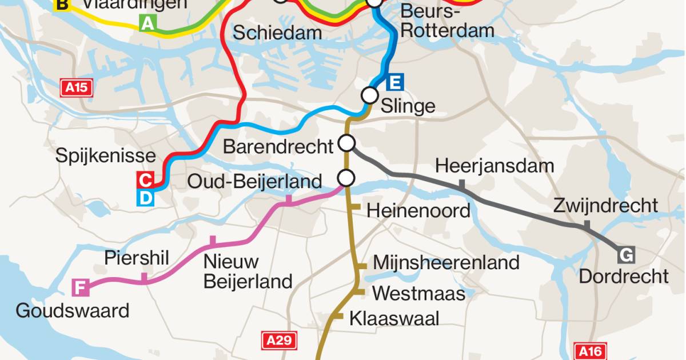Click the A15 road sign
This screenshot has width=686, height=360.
click(77, 87)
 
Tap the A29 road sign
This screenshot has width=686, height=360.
click(280, 341)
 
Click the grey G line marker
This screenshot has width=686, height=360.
click(627, 255)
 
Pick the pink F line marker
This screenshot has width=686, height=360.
click(81, 287)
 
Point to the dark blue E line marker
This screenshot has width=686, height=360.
click(394, 83)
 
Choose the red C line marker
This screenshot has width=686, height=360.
click(146, 181)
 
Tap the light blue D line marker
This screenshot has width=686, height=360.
click(146, 198)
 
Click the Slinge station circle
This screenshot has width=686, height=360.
click(370, 95)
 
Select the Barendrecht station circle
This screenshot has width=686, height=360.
click(346, 142)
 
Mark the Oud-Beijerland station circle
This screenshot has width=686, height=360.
click(346, 178)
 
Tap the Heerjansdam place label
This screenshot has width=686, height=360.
click(494, 166)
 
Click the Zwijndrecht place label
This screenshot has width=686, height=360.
click(605, 205)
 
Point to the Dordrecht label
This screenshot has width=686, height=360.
click(624, 277)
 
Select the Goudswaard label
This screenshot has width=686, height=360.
click(73, 311)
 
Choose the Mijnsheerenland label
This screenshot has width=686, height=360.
click(446, 263)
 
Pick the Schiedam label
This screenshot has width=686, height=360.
click(277, 33)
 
